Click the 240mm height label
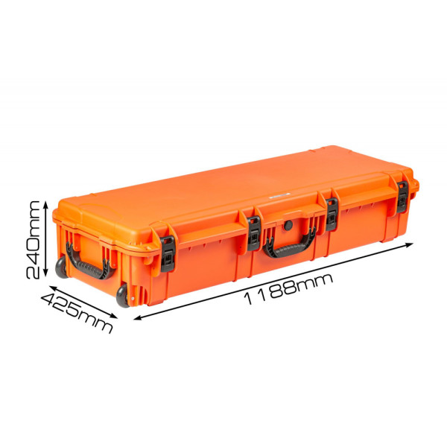click(x=33, y=240)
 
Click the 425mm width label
click(x=77, y=313)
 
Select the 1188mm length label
click(x=288, y=289)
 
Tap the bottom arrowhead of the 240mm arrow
click(x=45, y=273)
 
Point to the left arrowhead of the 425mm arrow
click(x=54, y=288)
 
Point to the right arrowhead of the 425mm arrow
click(x=114, y=316)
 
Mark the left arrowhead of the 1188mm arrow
click(x=137, y=318)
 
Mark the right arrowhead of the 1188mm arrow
click(x=409, y=244)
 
